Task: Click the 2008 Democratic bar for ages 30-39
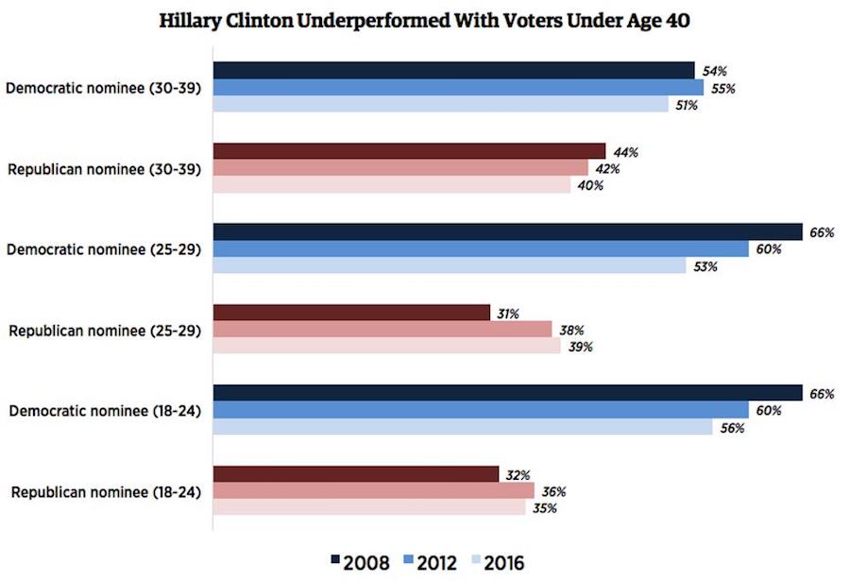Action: coord(453,71)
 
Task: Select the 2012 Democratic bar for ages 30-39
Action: coord(458,88)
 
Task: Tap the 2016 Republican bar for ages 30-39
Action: coord(392,185)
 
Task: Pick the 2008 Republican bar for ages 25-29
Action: coord(351,313)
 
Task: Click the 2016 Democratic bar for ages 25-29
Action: coord(450,266)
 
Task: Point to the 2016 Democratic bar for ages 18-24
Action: coord(463,427)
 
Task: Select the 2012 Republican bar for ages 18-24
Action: coord(374,490)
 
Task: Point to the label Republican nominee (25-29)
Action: coord(104,331)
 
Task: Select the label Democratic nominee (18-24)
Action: coord(103,411)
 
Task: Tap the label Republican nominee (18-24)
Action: coord(104,491)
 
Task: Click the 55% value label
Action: coord(723,89)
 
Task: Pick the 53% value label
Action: coord(705,267)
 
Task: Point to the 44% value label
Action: coord(625,152)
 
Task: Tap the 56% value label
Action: coord(732,428)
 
